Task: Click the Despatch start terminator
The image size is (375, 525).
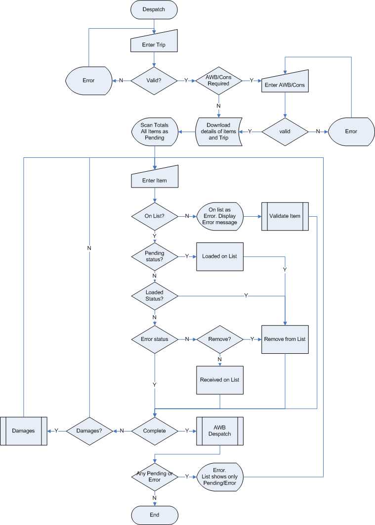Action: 154,9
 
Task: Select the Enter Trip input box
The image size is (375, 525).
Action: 154,42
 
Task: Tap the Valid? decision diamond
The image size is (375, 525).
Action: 154,81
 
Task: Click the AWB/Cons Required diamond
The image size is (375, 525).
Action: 218,81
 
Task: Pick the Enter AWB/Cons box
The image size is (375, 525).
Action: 285,82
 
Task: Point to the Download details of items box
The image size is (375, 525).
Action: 218,132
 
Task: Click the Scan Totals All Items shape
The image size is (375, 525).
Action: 155,132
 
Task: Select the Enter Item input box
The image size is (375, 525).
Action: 155,178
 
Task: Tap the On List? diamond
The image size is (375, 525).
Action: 155,216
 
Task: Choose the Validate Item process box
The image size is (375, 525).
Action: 285,216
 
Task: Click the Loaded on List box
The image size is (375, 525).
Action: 219,257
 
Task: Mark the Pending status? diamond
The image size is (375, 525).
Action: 155,257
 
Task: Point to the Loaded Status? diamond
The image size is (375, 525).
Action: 155,296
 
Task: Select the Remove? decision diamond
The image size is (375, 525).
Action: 219,339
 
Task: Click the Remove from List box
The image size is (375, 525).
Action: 285,339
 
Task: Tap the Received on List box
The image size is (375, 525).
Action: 219,380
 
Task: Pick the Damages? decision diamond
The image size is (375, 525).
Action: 89,431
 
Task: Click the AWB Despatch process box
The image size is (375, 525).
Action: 219,431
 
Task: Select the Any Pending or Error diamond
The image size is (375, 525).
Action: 155,477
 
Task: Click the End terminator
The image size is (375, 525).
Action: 155,515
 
